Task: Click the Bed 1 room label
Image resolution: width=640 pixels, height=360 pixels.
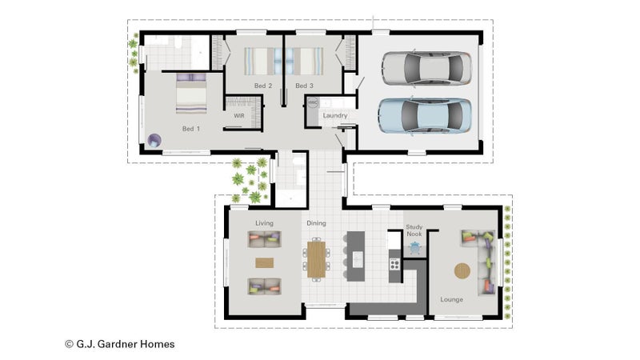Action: (191, 129)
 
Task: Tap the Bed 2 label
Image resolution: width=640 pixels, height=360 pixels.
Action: (263, 86)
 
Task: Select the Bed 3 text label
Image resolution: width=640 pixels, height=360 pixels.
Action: (305, 86)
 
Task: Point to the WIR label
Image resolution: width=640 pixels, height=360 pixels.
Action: (239, 116)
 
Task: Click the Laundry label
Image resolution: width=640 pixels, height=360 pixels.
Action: (335, 115)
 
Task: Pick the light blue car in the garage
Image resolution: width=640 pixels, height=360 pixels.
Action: (425, 115)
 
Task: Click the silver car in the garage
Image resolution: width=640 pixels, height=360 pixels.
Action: (427, 69)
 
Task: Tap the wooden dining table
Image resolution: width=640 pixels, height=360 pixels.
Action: (316, 259)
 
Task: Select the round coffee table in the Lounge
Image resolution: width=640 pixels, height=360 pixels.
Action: (462, 270)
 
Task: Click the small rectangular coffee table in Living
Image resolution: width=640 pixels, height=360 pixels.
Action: (265, 262)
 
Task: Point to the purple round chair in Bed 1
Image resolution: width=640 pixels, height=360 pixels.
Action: (154, 141)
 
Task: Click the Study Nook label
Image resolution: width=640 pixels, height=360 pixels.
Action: (414, 230)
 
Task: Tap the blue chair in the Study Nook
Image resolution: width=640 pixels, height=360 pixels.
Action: (414, 247)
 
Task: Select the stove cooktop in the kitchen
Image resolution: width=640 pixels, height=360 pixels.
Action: (394, 265)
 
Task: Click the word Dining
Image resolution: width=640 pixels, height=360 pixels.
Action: (316, 223)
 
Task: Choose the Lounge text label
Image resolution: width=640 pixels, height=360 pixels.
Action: (451, 299)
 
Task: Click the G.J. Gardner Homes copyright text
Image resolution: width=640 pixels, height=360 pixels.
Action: (120, 344)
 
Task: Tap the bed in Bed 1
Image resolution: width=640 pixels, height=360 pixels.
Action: (191, 94)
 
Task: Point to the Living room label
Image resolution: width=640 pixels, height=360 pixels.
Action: (264, 223)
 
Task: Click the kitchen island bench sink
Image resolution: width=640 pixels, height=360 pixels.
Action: (358, 259)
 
